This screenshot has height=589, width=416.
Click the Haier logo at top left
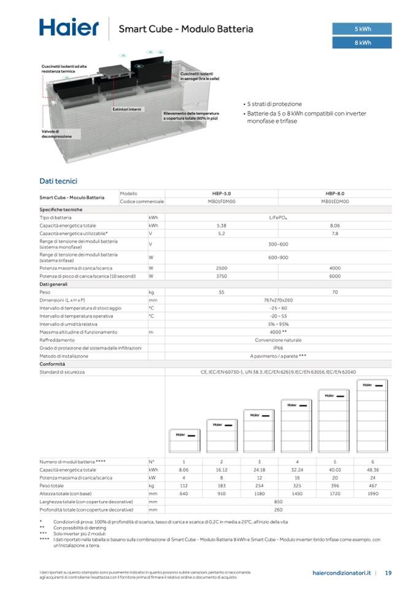tap(69, 28)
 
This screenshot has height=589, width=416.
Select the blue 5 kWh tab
tap(362, 29)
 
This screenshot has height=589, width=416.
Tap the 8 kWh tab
tap(362, 42)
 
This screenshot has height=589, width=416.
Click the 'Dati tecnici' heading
tap(58, 181)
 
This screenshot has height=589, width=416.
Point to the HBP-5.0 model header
tap(221, 193)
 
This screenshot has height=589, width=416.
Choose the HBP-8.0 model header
tap(334, 193)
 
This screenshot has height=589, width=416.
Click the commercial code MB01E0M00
tap(334, 201)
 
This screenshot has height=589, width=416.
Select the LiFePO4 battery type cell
tap(278, 217)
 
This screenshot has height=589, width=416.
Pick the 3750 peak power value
tap(221, 276)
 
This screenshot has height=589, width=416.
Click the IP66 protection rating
tap(278, 348)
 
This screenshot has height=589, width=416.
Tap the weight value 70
tap(334, 292)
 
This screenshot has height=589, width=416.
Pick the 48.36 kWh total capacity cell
tap(372, 469)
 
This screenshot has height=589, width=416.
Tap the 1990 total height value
tap(372, 493)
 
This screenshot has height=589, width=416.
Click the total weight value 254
tap(259, 485)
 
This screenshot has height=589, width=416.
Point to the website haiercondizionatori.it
tap(342, 573)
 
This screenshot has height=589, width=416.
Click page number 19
tap(388, 573)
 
